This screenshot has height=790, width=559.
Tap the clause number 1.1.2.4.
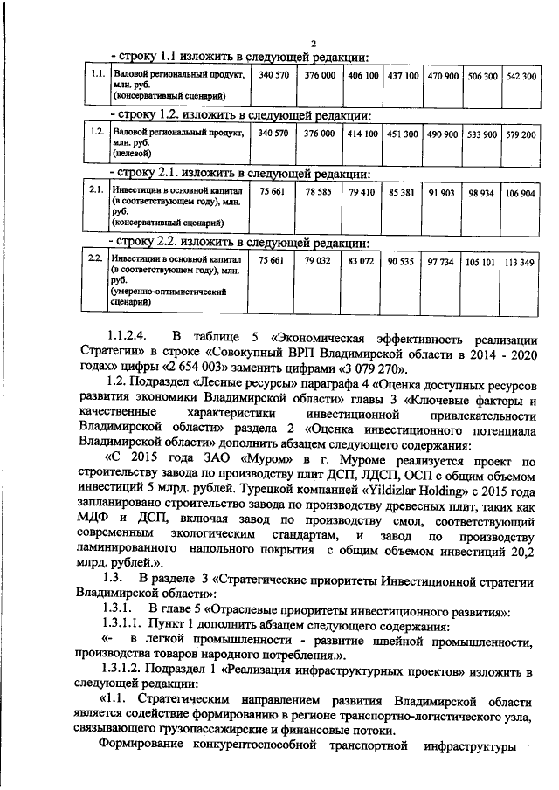[x=131, y=335]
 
